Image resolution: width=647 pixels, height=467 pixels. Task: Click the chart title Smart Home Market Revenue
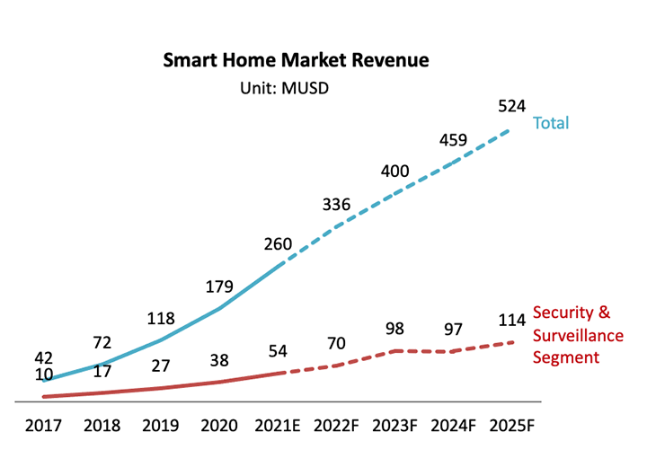(296, 61)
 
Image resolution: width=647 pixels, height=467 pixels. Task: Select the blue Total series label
(551, 123)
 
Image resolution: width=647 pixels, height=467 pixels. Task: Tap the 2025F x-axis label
(513, 426)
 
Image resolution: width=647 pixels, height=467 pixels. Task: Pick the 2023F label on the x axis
(396, 426)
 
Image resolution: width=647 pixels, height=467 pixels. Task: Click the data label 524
(512, 107)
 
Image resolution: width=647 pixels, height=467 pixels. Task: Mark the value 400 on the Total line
(396, 171)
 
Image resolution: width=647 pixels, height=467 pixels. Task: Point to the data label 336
(338, 205)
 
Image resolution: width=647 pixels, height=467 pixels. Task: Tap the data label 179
(218, 287)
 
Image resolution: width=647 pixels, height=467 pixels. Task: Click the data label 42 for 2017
(43, 356)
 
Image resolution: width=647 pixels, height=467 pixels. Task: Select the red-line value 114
(512, 322)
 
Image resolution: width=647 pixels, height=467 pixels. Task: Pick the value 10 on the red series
(43, 374)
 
